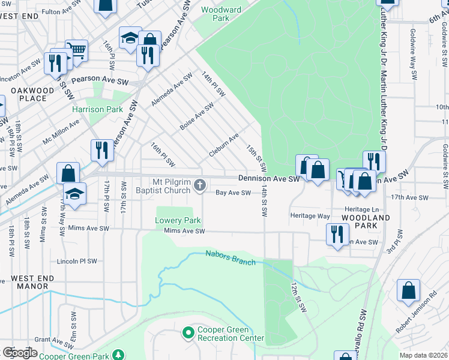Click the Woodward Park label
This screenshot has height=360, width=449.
pyautogui.click(x=221, y=14)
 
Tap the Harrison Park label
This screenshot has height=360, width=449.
pyautogui.click(x=97, y=109)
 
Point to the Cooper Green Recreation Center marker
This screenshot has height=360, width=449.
pyautogui.click(x=188, y=332)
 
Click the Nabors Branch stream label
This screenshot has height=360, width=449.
pyautogui.click(x=231, y=258)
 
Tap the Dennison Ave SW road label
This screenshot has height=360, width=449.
pyautogui.click(x=268, y=179)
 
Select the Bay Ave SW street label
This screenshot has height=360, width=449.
pyautogui.click(x=233, y=193)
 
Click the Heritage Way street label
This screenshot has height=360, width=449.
pyautogui.click(x=310, y=215)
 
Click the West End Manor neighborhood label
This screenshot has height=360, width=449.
pyautogui.click(x=32, y=282)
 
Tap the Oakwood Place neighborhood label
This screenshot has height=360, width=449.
pyautogui.click(x=28, y=94)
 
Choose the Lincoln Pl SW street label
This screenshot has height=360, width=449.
pyautogui.click(x=76, y=262)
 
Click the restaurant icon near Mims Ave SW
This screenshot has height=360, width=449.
pyautogui.click(x=337, y=233)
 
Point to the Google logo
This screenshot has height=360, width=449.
pyautogui.click(x=19, y=352)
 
